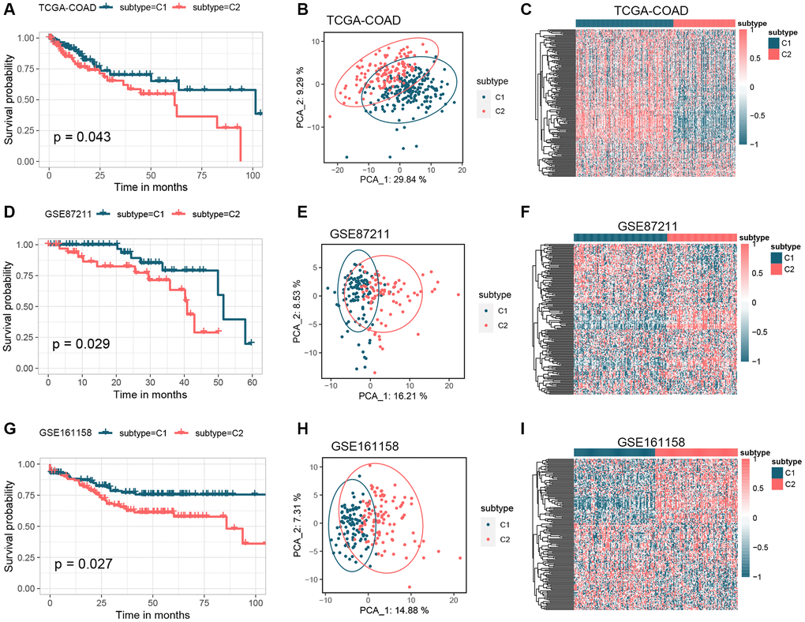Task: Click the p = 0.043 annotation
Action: click(x=82, y=137)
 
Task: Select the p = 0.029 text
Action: click(x=82, y=344)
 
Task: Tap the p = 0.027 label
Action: click(x=82, y=564)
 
